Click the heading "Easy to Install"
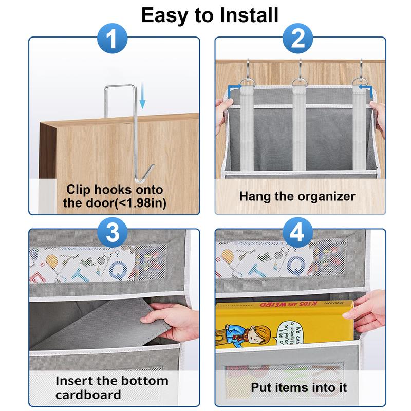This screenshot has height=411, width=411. point(210,15)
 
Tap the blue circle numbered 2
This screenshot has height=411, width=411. point(300,40)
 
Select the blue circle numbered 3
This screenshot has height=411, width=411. point(114,234)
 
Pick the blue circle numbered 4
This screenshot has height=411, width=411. point(300,234)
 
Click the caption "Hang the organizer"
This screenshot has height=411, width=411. point(297,196)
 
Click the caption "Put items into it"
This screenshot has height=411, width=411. point(299,387)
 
